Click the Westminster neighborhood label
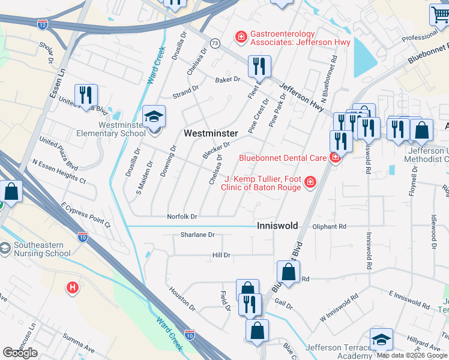coord(210,133)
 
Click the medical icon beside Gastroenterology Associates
coord(241,37)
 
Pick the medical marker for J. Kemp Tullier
coord(310,181)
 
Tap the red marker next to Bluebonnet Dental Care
coord(335,158)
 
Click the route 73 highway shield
coord(215,43)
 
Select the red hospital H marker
coord(73,288)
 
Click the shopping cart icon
coord(439,14)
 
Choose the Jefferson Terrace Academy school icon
coord(381,340)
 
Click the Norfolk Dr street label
coord(182,216)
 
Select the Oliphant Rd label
coord(330,227)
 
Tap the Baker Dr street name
coord(228,79)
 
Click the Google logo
coord(20,353)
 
